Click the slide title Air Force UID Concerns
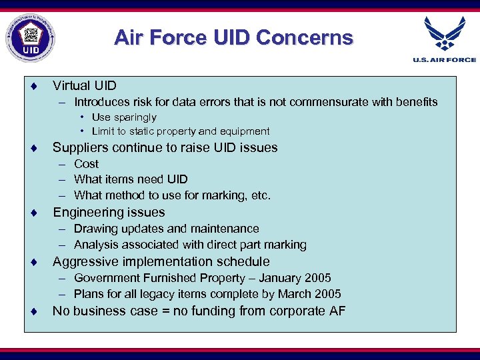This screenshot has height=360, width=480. point(233,37)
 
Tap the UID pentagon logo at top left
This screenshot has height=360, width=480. point(31,37)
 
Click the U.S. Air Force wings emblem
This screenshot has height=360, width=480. point(445,34)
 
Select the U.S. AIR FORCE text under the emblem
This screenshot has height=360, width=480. point(445,60)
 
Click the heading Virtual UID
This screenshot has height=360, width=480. point(85,86)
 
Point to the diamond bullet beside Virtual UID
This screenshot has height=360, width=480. point(33,86)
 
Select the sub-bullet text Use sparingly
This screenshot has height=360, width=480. point(124,117)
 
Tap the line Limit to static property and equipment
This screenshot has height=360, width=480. point(181,131)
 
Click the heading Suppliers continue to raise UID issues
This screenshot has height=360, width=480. point(165,147)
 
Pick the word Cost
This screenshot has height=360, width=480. point(87,164)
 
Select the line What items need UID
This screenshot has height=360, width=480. point(131,179)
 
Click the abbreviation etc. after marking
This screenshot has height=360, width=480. point(259,195)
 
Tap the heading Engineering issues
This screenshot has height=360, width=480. point(109,213)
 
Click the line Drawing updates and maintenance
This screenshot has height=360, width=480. point(166,229)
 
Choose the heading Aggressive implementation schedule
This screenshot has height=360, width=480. point(161,261)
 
